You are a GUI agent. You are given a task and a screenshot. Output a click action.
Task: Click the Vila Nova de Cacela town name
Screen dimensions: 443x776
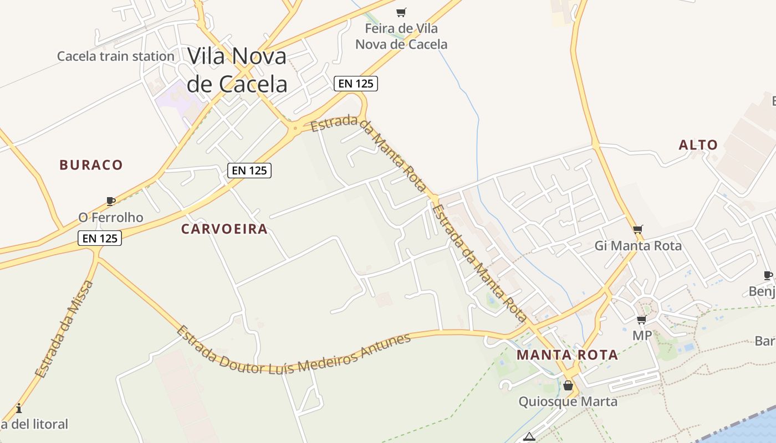237,70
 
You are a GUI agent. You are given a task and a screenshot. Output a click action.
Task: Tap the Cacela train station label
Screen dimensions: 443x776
116,56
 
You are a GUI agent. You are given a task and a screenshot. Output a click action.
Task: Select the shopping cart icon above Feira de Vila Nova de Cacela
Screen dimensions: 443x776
401,12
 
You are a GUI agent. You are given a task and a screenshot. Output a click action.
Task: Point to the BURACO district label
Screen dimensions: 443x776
91,164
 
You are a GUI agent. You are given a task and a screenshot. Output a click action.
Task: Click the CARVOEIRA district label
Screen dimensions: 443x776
224,229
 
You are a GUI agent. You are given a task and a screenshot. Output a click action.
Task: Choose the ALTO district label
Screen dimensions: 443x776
698,145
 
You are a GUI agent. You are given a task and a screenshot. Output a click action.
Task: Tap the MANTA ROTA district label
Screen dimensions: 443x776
567,355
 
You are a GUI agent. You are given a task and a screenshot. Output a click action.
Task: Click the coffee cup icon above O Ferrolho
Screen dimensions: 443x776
111,201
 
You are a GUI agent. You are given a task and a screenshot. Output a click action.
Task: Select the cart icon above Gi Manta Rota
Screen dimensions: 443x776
638,229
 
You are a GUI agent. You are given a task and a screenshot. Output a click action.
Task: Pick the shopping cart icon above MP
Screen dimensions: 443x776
642,320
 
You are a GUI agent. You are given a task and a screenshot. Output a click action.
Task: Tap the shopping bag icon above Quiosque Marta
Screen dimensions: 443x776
568,385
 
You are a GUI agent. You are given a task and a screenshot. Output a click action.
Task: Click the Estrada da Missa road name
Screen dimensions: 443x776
65,329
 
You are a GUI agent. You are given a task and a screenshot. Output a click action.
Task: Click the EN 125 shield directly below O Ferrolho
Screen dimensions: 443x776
99,238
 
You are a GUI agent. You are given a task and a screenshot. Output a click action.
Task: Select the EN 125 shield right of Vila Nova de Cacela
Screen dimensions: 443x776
356,84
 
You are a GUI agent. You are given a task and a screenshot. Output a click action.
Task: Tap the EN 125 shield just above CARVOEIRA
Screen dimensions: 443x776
249,171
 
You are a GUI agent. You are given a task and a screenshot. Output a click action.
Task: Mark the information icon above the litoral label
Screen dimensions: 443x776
19,409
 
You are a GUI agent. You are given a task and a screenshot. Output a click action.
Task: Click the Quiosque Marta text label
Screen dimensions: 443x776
568,401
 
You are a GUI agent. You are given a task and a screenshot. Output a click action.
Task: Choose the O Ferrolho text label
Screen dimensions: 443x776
111,218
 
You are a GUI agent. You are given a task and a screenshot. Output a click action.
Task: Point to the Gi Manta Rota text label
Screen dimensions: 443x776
638,245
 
